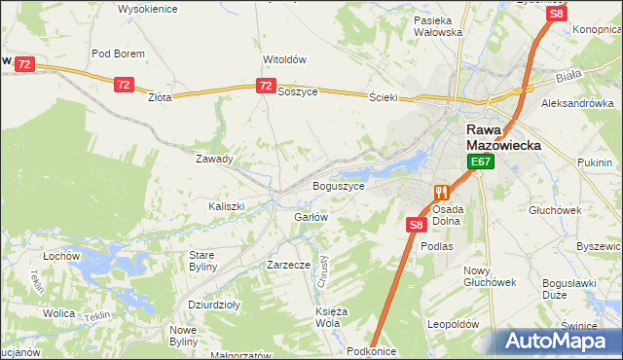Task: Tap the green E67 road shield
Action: (x=480, y=162)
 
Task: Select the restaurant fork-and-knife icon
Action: (x=441, y=192)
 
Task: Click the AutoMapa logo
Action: (x=558, y=342)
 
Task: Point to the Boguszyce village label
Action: (x=338, y=185)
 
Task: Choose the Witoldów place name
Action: (x=285, y=58)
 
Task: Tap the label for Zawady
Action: (x=214, y=159)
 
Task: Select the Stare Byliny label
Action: (x=208, y=260)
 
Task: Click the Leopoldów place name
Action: (x=462, y=325)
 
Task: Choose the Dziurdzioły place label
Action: (x=214, y=304)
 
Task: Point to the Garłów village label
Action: (x=311, y=217)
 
